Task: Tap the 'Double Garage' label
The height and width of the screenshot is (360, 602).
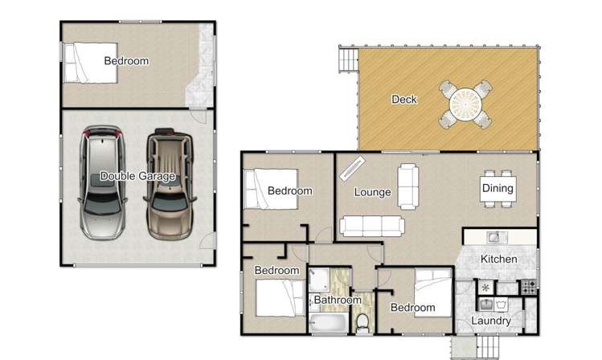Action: click(137, 176)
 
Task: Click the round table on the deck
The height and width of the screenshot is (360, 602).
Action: click(465, 104)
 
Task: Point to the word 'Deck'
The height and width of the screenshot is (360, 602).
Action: click(403, 100)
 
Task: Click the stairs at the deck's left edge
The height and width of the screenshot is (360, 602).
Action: click(348, 61)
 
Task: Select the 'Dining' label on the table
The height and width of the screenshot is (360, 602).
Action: click(497, 189)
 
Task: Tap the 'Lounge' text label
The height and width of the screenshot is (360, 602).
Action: click(373, 192)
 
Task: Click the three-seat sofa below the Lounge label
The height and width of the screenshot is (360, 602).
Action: click(371, 226)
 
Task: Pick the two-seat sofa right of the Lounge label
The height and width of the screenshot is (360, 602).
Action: click(408, 185)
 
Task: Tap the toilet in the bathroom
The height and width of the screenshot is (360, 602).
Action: click(363, 322)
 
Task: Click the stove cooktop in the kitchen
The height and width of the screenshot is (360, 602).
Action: click(528, 285)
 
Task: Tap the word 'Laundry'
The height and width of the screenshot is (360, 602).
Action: click(491, 321)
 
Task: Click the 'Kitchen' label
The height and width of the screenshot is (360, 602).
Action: click(498, 260)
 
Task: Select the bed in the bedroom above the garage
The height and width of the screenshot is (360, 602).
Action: click(91, 62)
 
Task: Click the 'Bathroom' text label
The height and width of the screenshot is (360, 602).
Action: click(338, 301)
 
